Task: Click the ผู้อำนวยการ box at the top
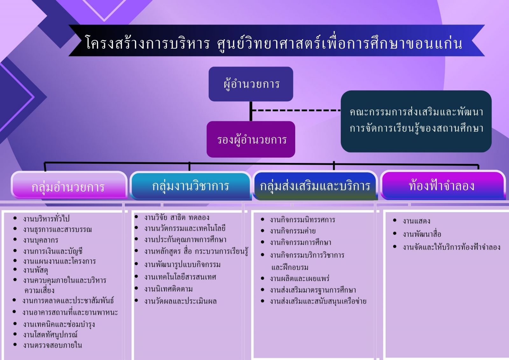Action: click(x=251, y=84)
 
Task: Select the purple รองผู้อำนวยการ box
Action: click(x=251, y=139)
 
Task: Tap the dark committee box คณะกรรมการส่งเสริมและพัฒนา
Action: click(x=416, y=121)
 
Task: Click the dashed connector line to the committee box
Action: click(x=296, y=110)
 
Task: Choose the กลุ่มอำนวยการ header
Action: click(x=69, y=185)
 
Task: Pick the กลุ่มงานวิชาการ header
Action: click(x=191, y=185)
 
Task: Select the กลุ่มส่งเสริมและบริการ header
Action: click(x=315, y=185)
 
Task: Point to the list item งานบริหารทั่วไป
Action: click(x=46, y=219)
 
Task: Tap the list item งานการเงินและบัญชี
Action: click(x=52, y=251)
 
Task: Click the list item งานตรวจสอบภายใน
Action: click(x=52, y=345)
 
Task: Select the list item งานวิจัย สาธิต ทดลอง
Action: click(x=177, y=218)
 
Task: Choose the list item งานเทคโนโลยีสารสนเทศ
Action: click(x=180, y=277)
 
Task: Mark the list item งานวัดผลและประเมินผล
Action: click(x=180, y=301)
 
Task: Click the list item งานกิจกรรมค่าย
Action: click(x=293, y=231)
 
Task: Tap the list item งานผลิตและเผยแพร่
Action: click(x=300, y=279)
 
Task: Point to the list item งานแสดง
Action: click(x=416, y=221)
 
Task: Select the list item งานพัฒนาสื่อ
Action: click(x=422, y=234)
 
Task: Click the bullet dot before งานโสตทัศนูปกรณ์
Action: click(x=15, y=334)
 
